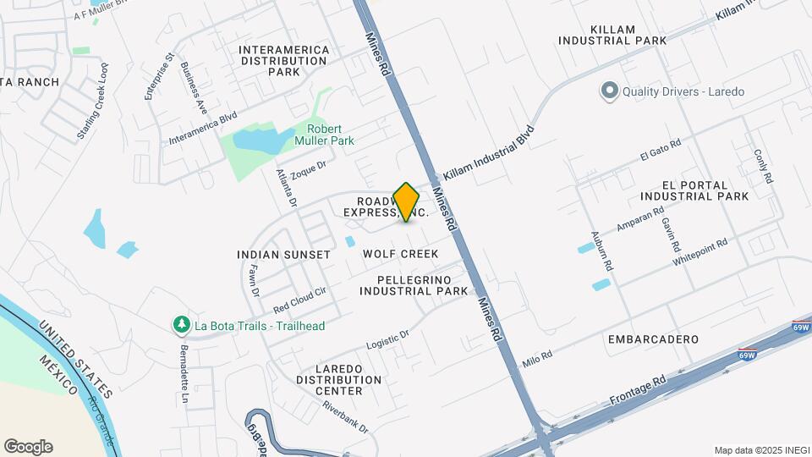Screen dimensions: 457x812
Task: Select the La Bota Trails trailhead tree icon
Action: point(180,325)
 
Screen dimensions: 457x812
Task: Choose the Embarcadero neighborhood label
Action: point(653,339)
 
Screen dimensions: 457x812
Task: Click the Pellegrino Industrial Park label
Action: point(414,285)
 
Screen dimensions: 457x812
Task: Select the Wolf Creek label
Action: point(400,254)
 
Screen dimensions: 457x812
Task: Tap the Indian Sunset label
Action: point(283,255)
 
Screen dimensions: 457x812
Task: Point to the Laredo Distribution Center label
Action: point(338,374)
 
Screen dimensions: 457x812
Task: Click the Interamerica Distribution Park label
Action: point(284,61)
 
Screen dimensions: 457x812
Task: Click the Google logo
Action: point(28,447)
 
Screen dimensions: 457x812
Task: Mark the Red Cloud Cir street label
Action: point(299,297)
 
